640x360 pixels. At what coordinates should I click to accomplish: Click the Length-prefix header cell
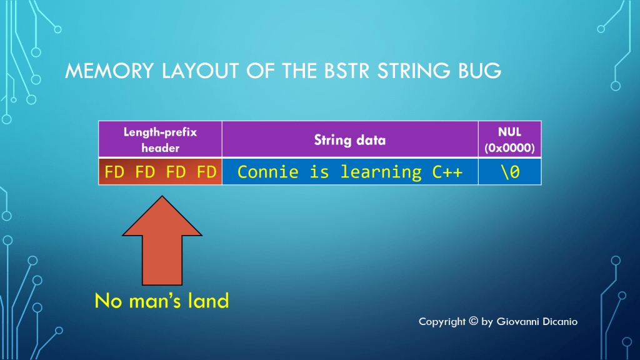(x=160, y=139)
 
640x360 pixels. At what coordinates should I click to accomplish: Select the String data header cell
(x=349, y=139)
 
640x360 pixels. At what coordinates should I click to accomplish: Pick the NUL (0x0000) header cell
(x=509, y=139)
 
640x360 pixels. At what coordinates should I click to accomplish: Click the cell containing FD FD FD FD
(x=160, y=172)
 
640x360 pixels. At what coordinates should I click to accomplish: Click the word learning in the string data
(x=381, y=172)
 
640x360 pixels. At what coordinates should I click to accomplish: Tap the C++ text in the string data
(x=447, y=172)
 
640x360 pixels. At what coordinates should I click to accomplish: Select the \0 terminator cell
(x=509, y=172)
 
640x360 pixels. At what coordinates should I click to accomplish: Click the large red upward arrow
(x=162, y=244)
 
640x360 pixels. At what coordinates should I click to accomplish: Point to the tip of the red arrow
(x=162, y=197)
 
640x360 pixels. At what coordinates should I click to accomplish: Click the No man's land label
(x=162, y=301)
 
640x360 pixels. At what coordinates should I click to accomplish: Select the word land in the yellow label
(x=207, y=301)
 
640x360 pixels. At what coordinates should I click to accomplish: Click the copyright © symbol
(x=472, y=321)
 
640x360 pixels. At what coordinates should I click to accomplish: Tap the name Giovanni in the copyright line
(x=517, y=321)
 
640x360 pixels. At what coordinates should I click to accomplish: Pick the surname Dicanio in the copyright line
(x=559, y=321)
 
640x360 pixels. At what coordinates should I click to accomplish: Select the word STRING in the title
(x=412, y=71)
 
